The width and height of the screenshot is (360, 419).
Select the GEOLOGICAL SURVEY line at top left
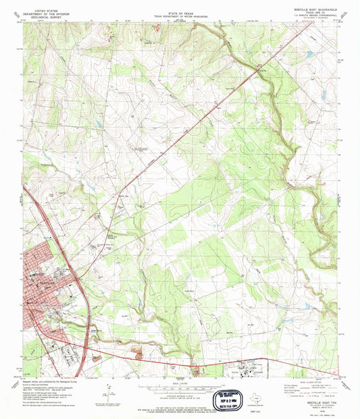click(42, 12)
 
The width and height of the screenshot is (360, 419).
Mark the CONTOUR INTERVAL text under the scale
click(180, 395)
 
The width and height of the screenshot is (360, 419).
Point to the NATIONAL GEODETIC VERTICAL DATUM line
click(180, 398)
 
